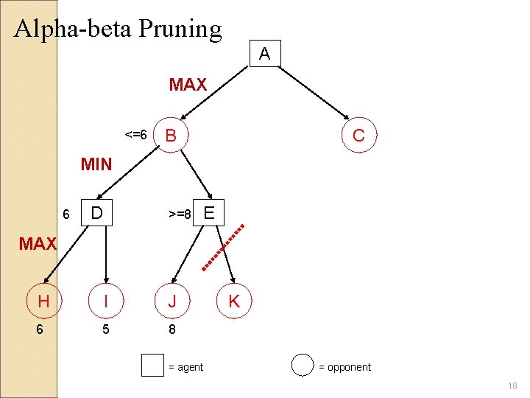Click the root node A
tap(265, 54)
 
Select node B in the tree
tap(172, 136)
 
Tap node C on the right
tap(358, 136)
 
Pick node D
tap(96, 214)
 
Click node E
tap(209, 214)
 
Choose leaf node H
tap(43, 301)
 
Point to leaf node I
tap(107, 301)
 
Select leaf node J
tap(172, 301)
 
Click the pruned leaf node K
tap(234, 301)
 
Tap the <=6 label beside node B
tap(136, 136)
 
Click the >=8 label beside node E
tap(179, 214)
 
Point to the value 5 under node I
tap(107, 329)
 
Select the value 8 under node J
tap(172, 329)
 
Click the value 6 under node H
tap(41, 329)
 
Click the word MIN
tap(96, 164)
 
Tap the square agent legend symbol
tap(152, 366)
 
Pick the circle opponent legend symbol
tap(303, 366)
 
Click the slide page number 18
tap(513, 386)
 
